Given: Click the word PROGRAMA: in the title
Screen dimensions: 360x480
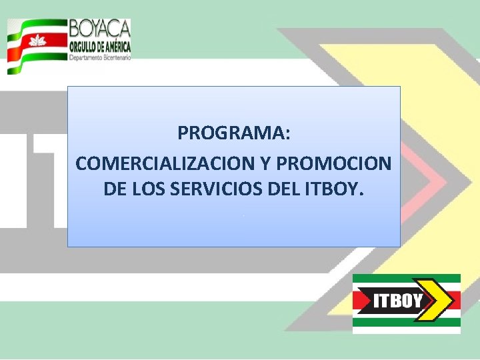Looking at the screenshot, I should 234,133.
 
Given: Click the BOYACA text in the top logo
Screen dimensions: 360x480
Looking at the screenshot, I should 100,29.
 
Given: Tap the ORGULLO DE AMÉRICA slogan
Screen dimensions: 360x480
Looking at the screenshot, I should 100,46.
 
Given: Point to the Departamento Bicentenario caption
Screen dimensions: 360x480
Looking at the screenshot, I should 100,58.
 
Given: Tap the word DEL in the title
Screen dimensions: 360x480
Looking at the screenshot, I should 283,189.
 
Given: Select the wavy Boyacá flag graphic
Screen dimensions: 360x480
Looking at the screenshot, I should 36,45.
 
